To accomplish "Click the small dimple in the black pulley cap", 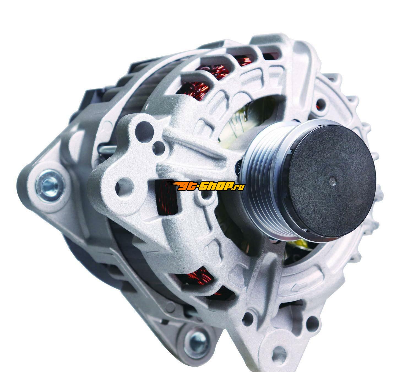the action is tap(332, 181).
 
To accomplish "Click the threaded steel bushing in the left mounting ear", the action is tap(49, 185).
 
